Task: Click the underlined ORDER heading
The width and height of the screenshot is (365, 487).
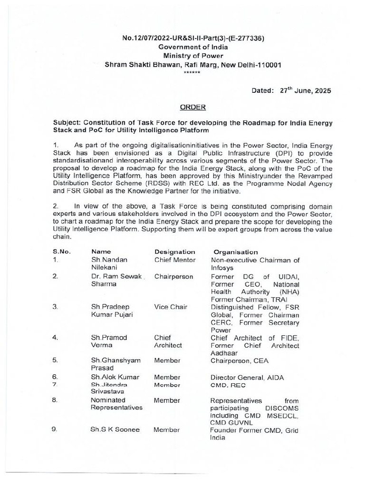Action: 193,107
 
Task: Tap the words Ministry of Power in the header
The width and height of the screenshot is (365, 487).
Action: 193,56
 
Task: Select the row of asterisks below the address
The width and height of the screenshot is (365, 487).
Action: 192,72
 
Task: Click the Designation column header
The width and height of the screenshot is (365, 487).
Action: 174,252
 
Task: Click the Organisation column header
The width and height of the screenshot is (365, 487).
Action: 236,252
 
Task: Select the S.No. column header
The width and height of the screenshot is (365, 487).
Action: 62,252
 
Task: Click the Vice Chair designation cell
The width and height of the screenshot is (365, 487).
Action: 169,307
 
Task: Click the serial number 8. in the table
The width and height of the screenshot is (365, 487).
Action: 55,400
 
